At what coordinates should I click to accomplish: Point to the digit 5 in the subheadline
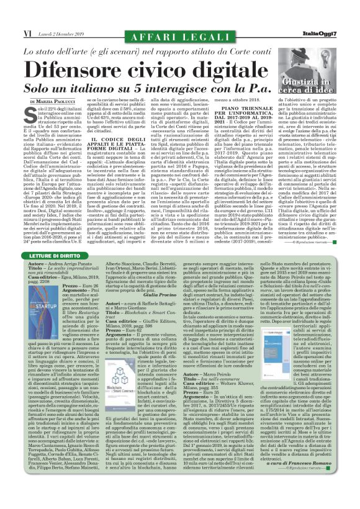click(x=164, y=88)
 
